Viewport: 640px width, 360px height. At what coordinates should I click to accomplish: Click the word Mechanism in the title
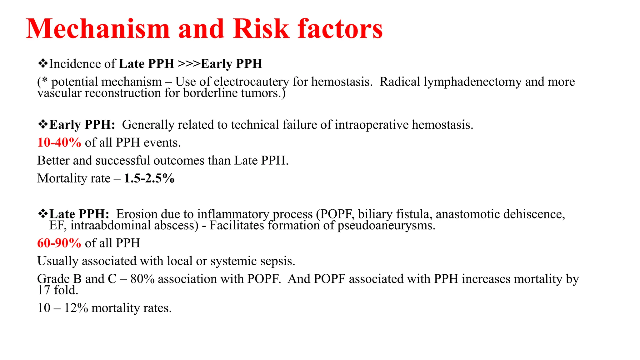tap(98, 29)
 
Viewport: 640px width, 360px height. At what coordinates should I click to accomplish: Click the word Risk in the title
tap(261, 29)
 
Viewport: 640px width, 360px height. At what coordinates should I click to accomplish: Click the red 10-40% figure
tap(59, 142)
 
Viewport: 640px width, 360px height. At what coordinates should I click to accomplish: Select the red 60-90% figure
tap(59, 243)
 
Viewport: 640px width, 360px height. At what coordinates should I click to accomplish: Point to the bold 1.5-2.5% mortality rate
tap(149, 178)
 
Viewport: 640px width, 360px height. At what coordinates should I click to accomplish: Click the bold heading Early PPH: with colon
tap(82, 125)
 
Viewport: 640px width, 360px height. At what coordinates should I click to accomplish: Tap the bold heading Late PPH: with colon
tap(79, 214)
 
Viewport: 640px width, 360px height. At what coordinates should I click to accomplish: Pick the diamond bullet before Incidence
tap(42, 63)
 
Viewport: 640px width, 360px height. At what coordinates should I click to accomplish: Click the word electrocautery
tap(251, 82)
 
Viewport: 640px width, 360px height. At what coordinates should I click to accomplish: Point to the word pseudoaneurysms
tap(386, 225)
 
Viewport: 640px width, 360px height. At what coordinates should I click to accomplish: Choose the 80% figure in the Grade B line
tap(142, 279)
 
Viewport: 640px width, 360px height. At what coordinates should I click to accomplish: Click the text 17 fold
tap(57, 290)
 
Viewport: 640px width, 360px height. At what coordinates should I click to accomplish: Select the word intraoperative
tap(372, 125)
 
